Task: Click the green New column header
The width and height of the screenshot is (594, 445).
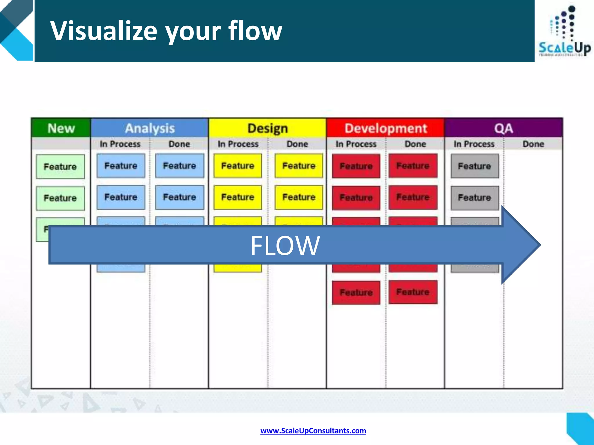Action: pos(61,128)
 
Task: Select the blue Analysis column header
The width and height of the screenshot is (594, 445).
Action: pos(150,128)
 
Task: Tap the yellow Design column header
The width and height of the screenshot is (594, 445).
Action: pos(267,128)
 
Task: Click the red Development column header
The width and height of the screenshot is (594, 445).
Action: pos(385,128)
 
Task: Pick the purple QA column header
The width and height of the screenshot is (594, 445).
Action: pos(504,128)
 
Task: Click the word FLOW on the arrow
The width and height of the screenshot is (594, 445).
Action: pos(285,246)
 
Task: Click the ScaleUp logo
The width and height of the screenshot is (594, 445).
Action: pos(564,32)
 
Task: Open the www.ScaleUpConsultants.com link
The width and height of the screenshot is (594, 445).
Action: pos(313,431)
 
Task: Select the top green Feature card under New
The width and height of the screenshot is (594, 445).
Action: pos(60,167)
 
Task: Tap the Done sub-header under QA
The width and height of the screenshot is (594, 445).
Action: pos(533,144)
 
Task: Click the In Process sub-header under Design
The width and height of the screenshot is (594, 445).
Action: pos(238,144)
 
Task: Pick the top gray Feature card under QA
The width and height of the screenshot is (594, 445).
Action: pos(475,166)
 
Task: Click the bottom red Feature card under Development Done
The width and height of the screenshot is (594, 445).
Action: pos(413,292)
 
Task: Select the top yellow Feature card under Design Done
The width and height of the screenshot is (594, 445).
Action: pos(299,166)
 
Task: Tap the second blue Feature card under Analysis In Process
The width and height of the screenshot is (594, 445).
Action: pos(121,197)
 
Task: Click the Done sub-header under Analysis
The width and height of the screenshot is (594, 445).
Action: pos(179,144)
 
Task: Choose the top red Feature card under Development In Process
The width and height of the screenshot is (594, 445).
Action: pos(356,166)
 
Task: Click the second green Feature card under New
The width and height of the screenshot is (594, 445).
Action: pos(60,198)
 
